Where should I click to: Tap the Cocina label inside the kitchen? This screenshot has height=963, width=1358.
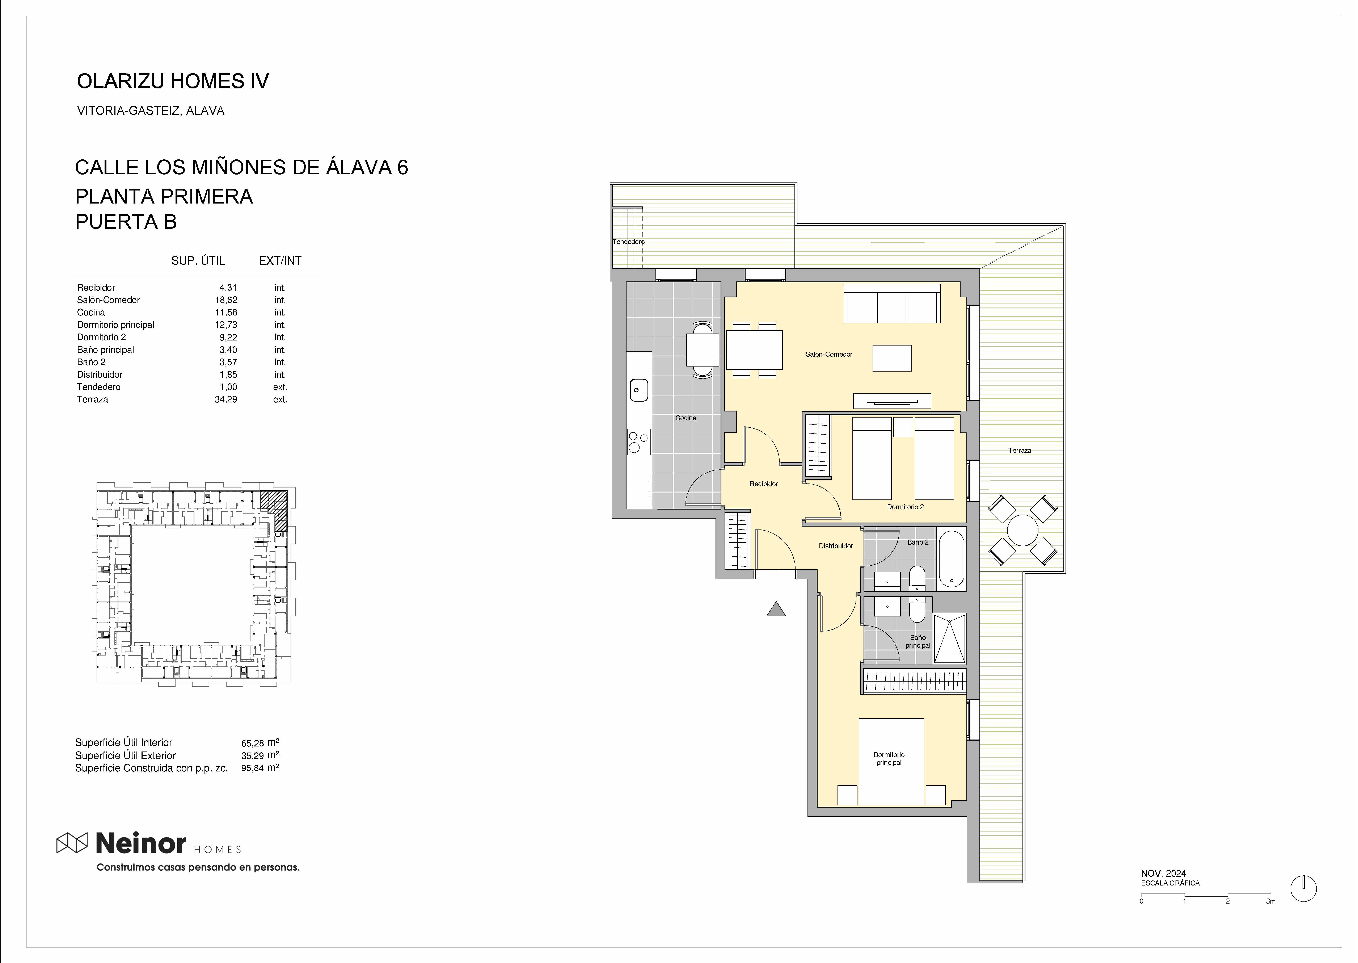click(686, 418)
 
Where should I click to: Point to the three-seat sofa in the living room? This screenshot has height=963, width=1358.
click(892, 303)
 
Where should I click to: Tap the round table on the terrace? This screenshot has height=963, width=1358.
click(1022, 529)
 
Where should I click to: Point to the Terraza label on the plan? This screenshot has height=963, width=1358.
click(1020, 451)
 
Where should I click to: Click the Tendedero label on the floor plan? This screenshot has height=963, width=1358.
click(628, 242)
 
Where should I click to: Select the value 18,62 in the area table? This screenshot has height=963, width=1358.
click(226, 300)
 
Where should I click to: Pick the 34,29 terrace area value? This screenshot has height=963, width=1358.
click(226, 400)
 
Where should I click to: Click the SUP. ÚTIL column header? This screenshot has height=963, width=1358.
click(198, 261)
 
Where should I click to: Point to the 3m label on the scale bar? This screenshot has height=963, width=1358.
click(1270, 901)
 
